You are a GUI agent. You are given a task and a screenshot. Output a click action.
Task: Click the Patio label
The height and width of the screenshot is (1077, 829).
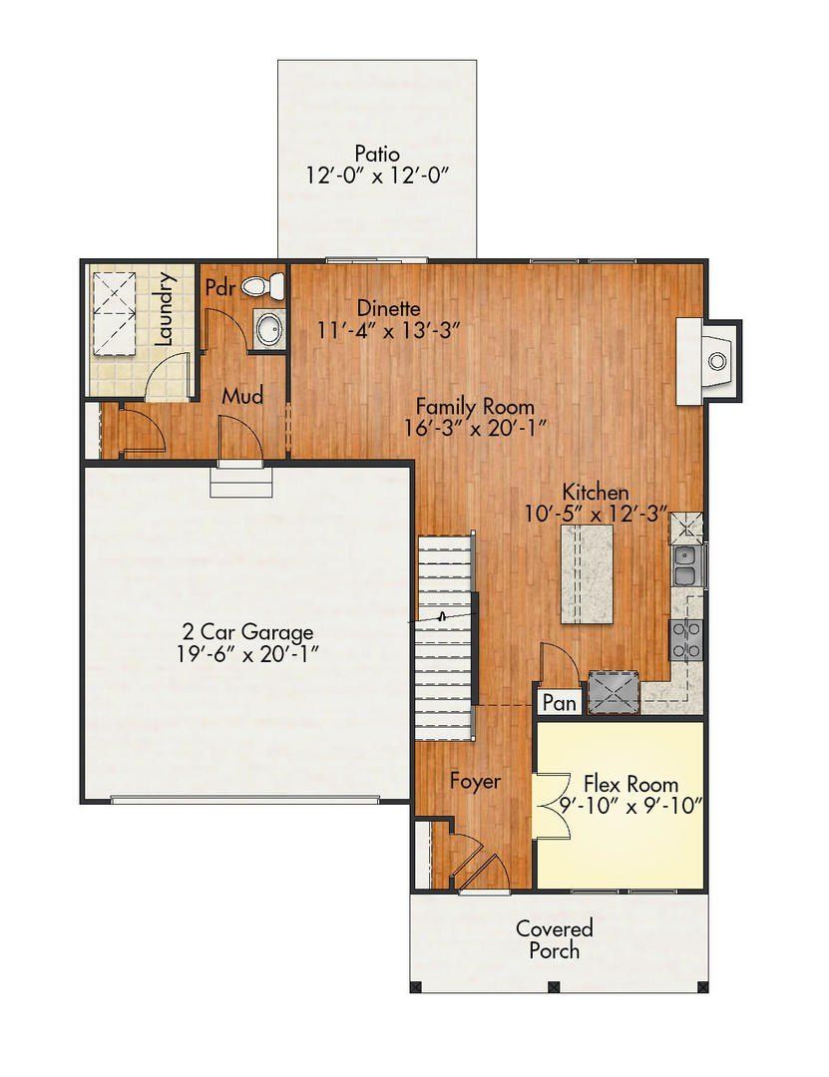click(x=377, y=155)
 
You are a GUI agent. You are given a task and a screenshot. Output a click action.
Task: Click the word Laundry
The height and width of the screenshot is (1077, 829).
click(x=166, y=309)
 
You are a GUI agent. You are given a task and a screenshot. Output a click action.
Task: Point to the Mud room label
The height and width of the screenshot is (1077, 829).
click(x=242, y=397)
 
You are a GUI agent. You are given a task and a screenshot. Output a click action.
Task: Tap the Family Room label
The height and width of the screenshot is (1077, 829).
click(x=475, y=407)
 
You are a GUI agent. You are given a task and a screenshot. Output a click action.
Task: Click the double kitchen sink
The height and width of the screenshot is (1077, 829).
click(x=685, y=566)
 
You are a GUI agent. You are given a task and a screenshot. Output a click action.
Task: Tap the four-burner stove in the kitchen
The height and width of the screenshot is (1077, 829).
click(x=686, y=638)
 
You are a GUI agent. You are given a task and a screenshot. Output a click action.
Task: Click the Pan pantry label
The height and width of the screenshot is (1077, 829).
click(x=559, y=703)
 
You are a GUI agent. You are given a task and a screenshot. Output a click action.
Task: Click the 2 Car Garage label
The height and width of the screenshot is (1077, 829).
click(x=247, y=631)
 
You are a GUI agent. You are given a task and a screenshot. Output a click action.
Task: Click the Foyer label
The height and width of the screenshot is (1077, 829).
click(x=475, y=782)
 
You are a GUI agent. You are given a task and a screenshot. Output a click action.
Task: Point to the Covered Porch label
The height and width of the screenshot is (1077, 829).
click(x=554, y=939)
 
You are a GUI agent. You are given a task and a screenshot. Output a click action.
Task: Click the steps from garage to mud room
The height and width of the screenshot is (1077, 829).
click(x=241, y=484)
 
